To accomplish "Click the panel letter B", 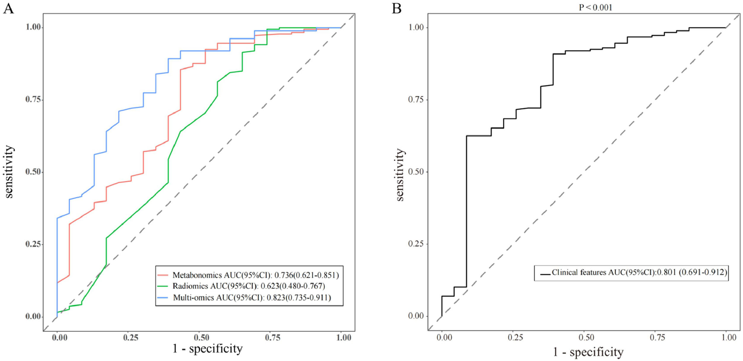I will [396, 8].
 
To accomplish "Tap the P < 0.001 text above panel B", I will [595, 7].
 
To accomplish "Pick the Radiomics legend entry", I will [249, 286].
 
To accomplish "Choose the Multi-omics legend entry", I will [252, 297].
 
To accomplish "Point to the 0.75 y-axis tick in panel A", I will [33, 99].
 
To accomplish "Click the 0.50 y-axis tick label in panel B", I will [416, 172].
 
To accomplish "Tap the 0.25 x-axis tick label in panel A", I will [131, 338].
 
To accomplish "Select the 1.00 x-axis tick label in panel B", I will [728, 337].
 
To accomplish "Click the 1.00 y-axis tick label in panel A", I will [33, 27].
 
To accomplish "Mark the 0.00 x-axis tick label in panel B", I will [444, 337].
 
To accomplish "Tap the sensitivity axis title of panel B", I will [400, 175].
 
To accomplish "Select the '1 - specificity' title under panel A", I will [207, 349].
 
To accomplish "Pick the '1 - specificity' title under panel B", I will [588, 352].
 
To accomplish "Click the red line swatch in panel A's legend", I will [163, 275].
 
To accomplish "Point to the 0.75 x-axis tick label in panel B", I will [657, 337].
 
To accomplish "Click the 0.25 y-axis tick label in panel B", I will [416, 244].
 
